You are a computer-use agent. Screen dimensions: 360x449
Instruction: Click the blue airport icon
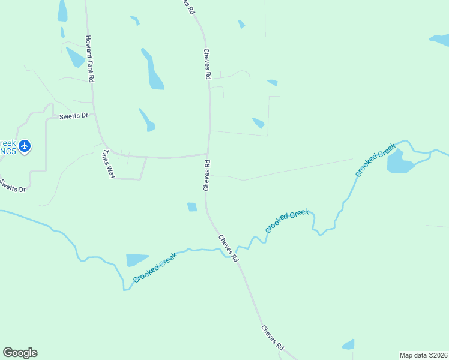point(24,146)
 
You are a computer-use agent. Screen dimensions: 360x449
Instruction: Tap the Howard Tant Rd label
point(89,59)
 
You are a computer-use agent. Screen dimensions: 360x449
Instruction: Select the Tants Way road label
point(109,164)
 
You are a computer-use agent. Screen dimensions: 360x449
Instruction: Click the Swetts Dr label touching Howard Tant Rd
point(73,116)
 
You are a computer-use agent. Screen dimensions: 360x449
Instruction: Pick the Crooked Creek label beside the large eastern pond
point(376,160)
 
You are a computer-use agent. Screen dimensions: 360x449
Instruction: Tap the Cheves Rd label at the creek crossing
point(229,248)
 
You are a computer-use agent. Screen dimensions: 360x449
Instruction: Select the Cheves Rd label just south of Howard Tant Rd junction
point(206,175)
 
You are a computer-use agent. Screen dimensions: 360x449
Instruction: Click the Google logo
point(20,353)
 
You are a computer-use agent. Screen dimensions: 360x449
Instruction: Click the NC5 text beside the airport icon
point(7,151)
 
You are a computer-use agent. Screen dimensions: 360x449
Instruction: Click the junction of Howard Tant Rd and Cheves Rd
point(208,155)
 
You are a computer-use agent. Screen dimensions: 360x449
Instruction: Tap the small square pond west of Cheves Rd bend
point(192,207)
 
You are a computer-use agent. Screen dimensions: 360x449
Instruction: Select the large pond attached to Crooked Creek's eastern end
point(399,161)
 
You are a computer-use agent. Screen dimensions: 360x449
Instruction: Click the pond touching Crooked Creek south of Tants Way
point(136,260)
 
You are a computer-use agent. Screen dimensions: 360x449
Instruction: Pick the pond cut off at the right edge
point(440,40)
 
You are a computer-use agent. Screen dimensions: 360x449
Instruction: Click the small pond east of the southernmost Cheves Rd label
point(348,344)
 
